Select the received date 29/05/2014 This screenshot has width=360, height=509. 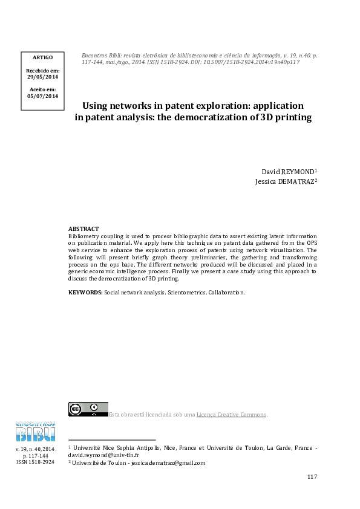[x=42, y=77]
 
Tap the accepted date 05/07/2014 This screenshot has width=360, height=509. [x=42, y=96]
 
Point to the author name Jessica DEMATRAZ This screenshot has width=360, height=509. [x=286, y=181]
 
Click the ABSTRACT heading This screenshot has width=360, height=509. [x=83, y=229]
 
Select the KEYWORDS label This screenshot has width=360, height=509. [x=85, y=292]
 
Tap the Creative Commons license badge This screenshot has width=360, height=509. [x=88, y=409]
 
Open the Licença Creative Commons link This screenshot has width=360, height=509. [x=231, y=415]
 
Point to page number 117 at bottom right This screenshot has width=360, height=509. [x=312, y=477]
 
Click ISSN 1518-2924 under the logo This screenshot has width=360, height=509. [x=35, y=462]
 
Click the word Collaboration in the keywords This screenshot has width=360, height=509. [x=227, y=292]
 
